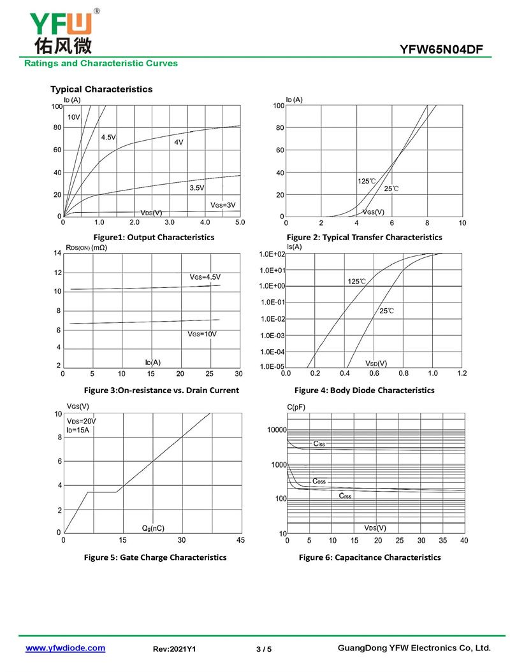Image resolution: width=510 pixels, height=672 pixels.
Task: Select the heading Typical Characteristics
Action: (x=101, y=89)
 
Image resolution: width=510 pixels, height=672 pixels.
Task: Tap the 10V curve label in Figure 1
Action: (x=74, y=117)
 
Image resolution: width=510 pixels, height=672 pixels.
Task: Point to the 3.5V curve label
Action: (x=196, y=188)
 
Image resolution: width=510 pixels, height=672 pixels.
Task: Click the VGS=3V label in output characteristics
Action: (x=223, y=204)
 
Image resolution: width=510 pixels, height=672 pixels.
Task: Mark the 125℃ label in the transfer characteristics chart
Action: (x=367, y=182)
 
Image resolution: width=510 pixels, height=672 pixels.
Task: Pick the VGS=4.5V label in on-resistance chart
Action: (x=205, y=277)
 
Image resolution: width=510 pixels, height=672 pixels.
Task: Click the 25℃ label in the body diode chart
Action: (x=386, y=311)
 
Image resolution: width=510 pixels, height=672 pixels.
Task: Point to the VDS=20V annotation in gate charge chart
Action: (x=82, y=421)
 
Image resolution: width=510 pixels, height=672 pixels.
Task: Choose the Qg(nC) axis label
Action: (x=152, y=528)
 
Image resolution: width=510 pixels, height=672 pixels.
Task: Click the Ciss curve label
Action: (x=319, y=443)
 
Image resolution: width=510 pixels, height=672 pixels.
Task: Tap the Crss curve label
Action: (x=345, y=495)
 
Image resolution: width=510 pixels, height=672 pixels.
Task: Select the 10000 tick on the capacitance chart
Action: (x=276, y=431)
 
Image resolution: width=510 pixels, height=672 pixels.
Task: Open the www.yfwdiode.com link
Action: (x=65, y=648)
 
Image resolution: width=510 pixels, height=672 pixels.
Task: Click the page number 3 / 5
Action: (x=263, y=649)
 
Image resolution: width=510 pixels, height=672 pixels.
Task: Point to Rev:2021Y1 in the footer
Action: (x=174, y=649)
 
